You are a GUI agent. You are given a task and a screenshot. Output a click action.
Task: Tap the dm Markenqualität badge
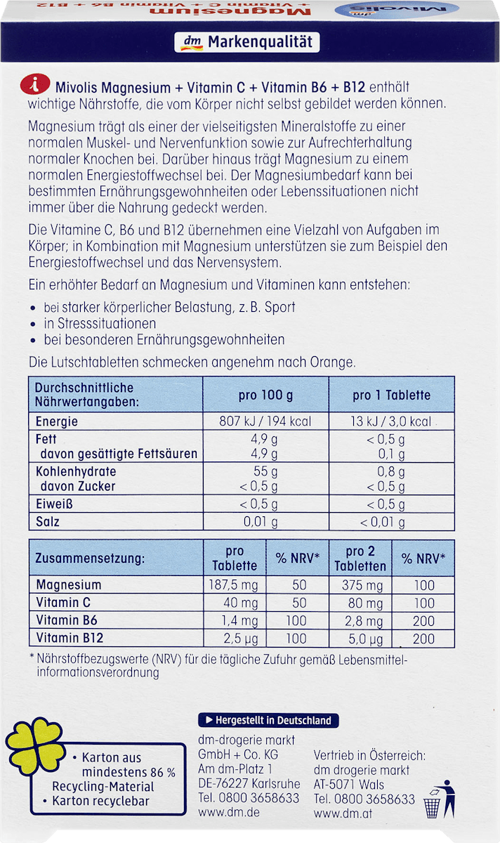[x=246, y=43]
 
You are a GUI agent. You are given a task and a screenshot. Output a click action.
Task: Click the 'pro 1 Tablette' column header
[x=391, y=395]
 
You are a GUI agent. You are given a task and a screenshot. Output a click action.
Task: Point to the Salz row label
[x=48, y=522]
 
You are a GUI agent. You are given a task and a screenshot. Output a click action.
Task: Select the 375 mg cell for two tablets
[x=361, y=585]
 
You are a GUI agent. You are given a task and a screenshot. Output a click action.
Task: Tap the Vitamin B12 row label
[x=70, y=639]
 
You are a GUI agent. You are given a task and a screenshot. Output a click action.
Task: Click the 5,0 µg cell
[x=361, y=639]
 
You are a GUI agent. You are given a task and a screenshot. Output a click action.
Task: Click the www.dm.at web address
[x=342, y=814]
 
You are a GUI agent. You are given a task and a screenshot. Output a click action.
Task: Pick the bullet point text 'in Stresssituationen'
[x=100, y=324]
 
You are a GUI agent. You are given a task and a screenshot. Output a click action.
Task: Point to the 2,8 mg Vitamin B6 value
[x=361, y=621]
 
